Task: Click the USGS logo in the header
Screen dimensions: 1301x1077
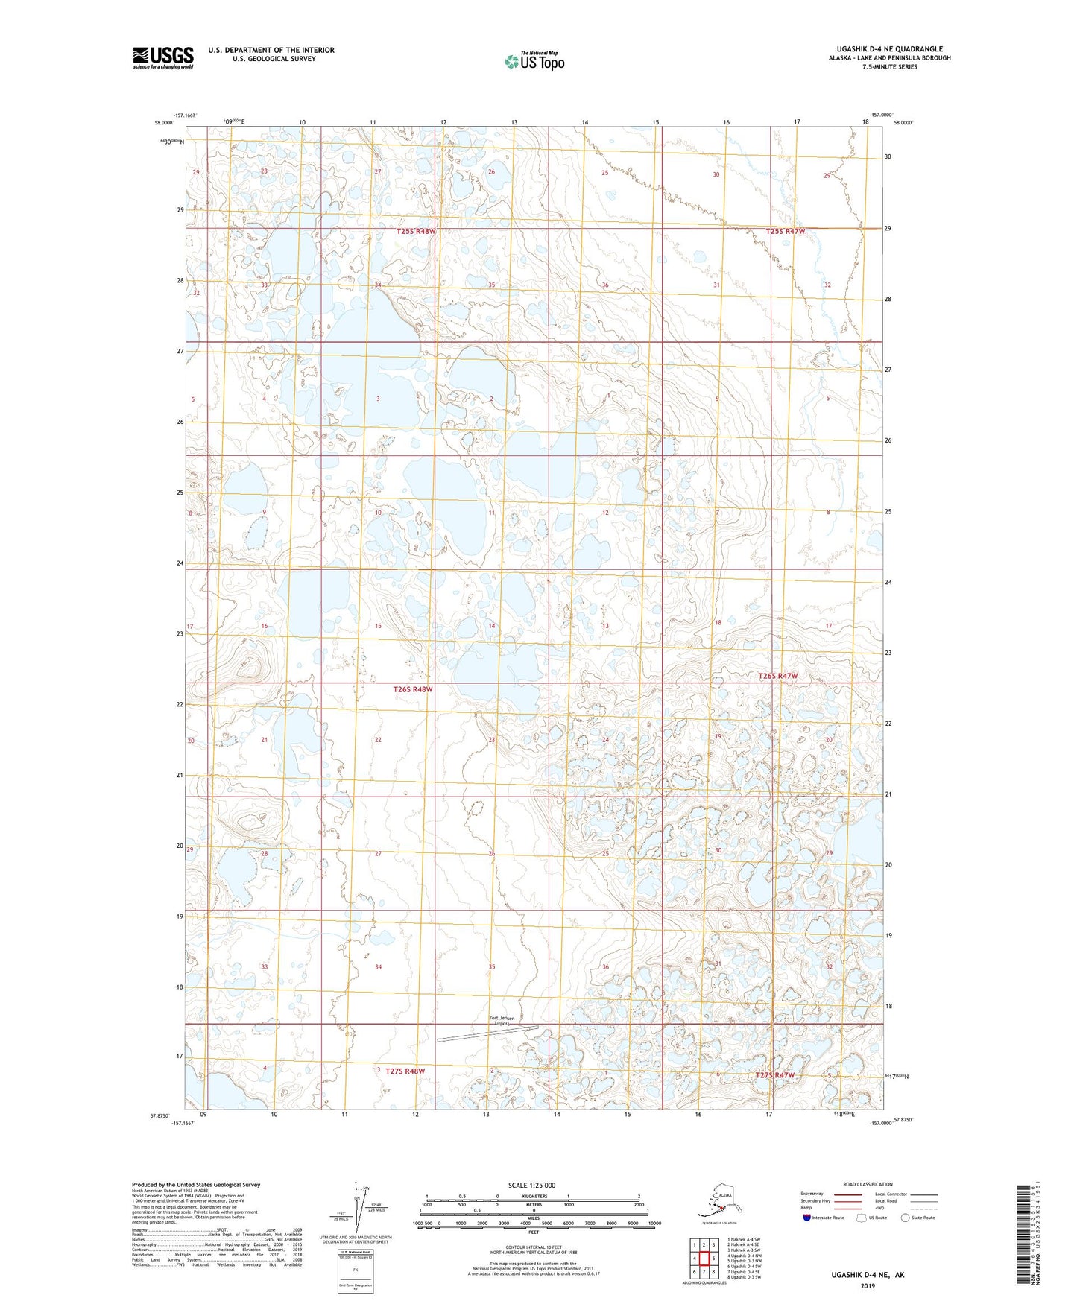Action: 163,57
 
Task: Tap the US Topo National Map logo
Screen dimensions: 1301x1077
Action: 534,61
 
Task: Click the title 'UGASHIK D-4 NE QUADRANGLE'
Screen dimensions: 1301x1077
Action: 884,49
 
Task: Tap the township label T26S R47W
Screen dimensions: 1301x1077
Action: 778,676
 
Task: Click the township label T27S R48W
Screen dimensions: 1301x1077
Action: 405,1071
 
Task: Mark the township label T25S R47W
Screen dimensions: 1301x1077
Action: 786,232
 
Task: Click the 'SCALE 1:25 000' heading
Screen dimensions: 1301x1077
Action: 531,1185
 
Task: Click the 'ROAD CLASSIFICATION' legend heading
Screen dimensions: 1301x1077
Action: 868,1184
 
